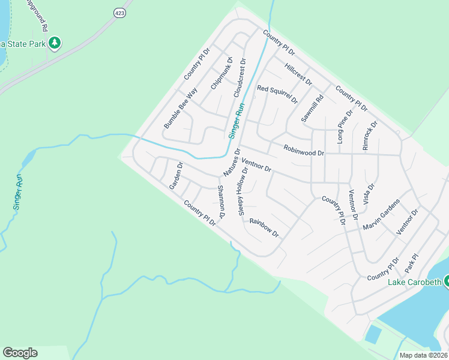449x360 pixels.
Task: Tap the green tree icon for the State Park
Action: pos(55,43)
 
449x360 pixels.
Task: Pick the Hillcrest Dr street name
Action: pos(298,74)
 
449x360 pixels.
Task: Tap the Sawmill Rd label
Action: pos(313,109)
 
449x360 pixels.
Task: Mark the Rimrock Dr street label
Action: pos(370,136)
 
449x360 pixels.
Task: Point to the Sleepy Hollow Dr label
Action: pos(243,191)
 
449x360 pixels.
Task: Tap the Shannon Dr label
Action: pos(220,202)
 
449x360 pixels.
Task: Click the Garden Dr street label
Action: pos(176,175)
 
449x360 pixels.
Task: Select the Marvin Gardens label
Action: pos(381,215)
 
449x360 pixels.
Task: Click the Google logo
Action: pos(20,353)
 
